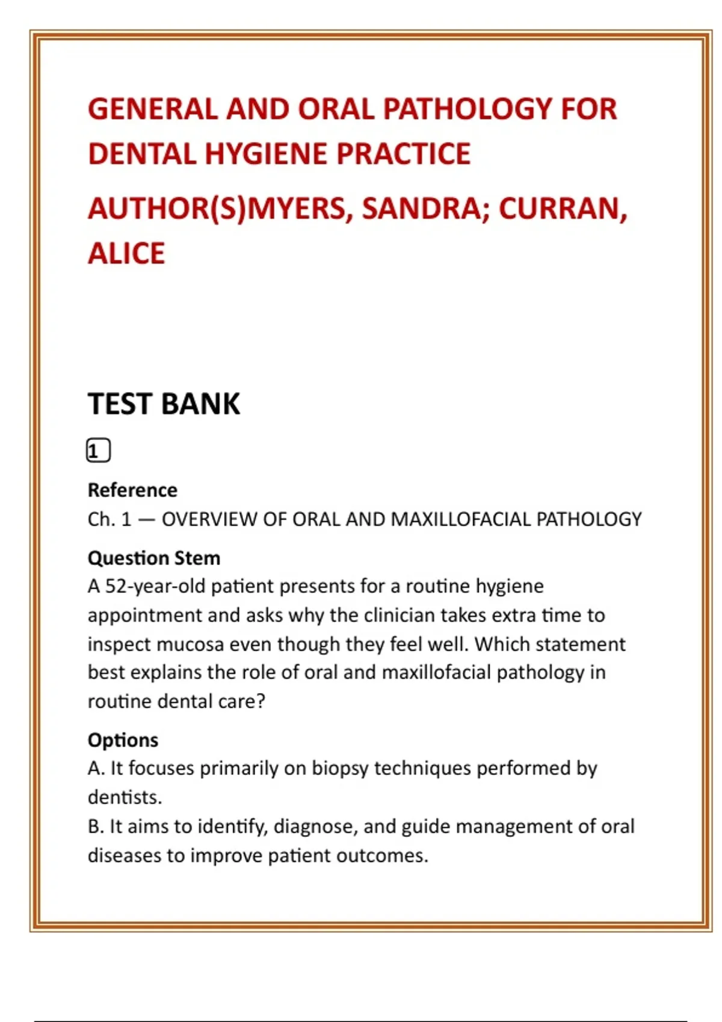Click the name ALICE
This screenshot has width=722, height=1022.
click(x=126, y=253)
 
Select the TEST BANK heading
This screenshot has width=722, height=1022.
click(x=164, y=404)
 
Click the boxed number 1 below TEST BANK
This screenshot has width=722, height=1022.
click(x=98, y=451)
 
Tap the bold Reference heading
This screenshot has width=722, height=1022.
click(x=132, y=490)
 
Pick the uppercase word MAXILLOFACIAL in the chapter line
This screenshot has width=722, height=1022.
click(x=461, y=519)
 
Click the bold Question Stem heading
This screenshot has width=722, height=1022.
click(x=154, y=558)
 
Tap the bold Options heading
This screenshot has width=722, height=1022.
click(x=123, y=740)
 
